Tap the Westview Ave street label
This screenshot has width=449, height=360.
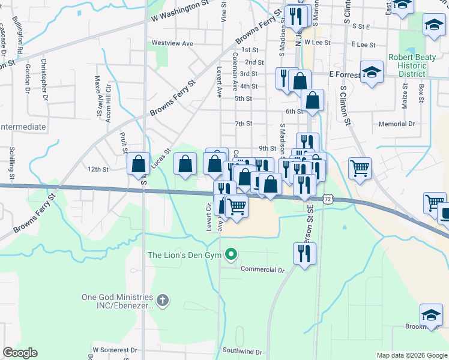172,43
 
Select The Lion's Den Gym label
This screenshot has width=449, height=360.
185,255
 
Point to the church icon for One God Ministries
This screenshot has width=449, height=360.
161,299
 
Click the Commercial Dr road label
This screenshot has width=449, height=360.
262,269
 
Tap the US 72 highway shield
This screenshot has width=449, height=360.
327,198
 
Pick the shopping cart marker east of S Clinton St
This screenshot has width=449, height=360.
360,169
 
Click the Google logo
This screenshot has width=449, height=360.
20,353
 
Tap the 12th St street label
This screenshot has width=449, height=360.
97,169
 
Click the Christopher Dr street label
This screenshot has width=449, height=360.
43,76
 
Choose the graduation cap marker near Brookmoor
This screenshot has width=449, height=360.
431,315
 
